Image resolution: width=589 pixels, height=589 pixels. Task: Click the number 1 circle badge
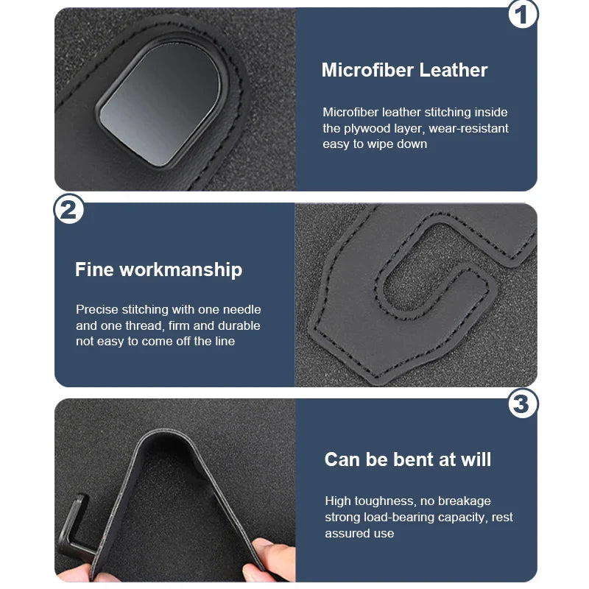pos(523,15)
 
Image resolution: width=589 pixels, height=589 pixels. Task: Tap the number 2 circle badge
pos(69,210)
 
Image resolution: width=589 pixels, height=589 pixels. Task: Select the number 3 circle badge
pos(523,403)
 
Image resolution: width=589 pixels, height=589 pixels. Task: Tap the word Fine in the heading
pos(94,269)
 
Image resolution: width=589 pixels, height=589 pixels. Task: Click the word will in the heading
pos(474,459)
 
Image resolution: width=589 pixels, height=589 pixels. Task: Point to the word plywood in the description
pos(369,128)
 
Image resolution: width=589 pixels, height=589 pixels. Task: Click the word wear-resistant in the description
pos(466,128)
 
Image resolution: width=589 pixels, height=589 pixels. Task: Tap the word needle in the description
pos(239,310)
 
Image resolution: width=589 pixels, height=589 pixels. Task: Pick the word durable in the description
pos(238,325)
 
